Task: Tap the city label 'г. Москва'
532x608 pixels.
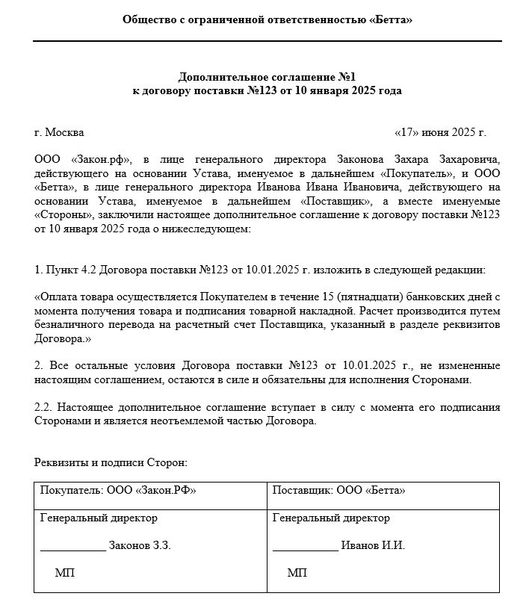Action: tap(59, 132)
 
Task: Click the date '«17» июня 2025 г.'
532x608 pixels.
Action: tap(439, 132)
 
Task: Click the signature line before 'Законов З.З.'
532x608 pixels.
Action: tap(72, 550)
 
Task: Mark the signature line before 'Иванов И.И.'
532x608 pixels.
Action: tap(305, 550)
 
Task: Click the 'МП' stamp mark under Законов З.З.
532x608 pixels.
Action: tap(65, 573)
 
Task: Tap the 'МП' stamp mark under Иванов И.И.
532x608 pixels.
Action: tap(297, 573)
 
